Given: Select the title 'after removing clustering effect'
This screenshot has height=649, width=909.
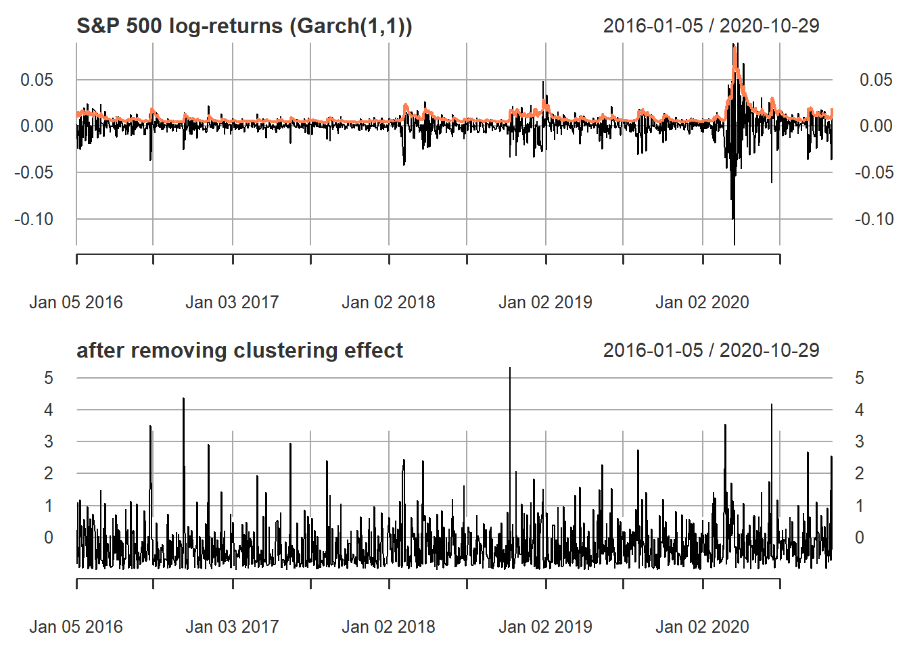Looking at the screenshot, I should (239, 351).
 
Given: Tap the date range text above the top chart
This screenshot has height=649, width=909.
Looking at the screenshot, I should (711, 26).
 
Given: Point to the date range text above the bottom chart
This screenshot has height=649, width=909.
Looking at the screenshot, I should (711, 351).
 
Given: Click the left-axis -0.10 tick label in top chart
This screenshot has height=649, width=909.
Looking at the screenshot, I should (34, 219).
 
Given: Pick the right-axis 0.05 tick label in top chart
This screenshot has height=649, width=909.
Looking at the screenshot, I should (875, 80).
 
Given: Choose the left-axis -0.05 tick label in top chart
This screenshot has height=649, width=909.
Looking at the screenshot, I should (34, 172).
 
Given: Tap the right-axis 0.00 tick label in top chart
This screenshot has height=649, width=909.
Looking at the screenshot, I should (875, 126).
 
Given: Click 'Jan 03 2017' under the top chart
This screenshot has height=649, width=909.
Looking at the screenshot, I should (232, 302).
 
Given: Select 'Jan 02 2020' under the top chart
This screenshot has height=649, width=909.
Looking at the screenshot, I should (702, 302).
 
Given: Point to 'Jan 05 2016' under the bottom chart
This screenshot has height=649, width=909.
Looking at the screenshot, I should (76, 627).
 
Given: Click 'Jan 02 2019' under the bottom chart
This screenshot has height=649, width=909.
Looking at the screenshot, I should (545, 627).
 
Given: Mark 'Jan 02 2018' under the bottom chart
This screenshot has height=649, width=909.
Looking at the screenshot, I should (388, 627).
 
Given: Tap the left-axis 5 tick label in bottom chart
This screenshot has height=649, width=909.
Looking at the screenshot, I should (48, 378).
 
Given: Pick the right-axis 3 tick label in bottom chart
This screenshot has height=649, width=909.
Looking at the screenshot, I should (860, 442).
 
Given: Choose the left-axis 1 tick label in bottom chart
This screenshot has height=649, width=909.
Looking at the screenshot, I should (48, 506).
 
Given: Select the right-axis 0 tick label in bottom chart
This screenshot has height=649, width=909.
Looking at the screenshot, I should (860, 537).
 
